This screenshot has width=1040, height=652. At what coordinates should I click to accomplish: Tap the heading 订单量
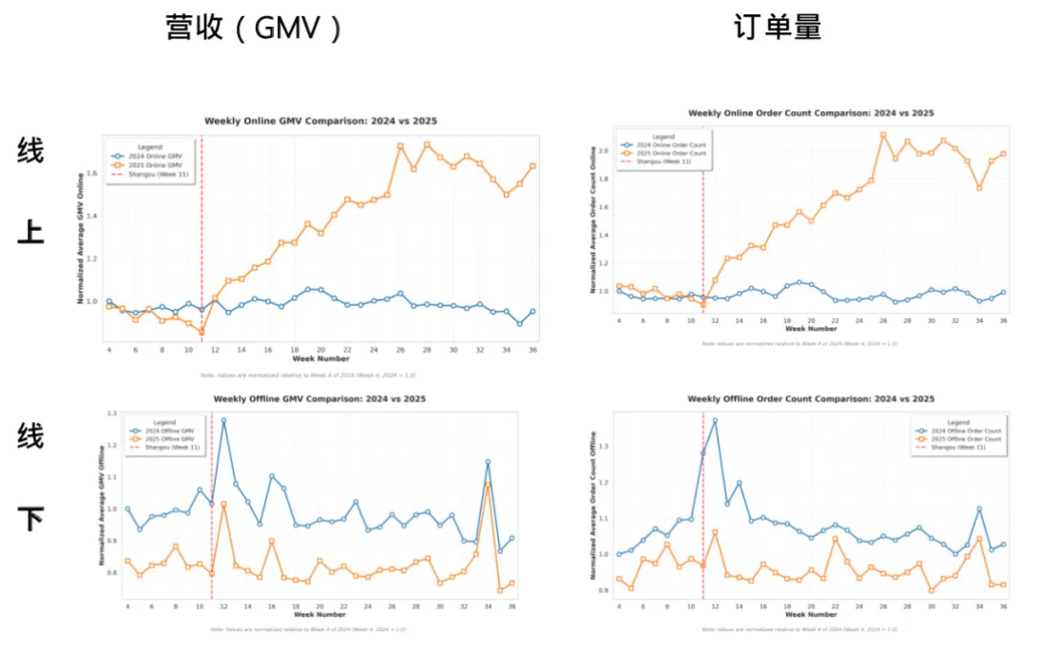[x=777, y=29]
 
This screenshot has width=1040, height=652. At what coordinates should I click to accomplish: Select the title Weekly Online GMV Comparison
[x=320, y=121]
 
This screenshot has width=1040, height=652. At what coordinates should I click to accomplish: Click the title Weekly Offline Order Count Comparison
[x=810, y=399]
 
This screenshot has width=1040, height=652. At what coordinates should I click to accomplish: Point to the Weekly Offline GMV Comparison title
[x=320, y=400]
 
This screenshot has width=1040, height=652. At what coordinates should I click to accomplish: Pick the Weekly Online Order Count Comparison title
[x=810, y=113]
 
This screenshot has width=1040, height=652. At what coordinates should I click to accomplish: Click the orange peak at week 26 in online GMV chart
[x=400, y=145]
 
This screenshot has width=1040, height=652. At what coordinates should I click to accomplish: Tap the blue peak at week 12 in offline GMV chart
[x=223, y=420]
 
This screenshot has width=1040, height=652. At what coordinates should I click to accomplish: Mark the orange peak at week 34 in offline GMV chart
[x=488, y=485]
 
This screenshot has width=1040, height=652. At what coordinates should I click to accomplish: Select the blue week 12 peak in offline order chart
[x=715, y=420]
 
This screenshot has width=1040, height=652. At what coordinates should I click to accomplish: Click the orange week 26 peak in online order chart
[x=882, y=135]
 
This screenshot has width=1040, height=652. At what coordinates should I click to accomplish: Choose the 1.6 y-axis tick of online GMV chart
[x=92, y=174]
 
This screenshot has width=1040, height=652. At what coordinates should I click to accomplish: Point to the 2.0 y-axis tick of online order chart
[x=603, y=151]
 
